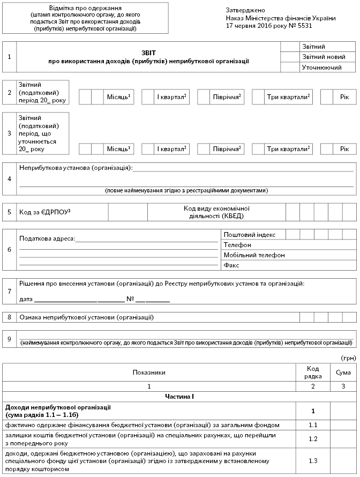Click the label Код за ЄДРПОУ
44,212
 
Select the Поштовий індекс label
250,235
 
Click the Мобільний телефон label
254,255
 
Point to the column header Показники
149,372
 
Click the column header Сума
343,372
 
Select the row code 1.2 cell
313,439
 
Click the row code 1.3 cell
313,460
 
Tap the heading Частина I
179,396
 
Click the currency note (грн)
348,357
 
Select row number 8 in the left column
10,317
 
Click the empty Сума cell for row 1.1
343,425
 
